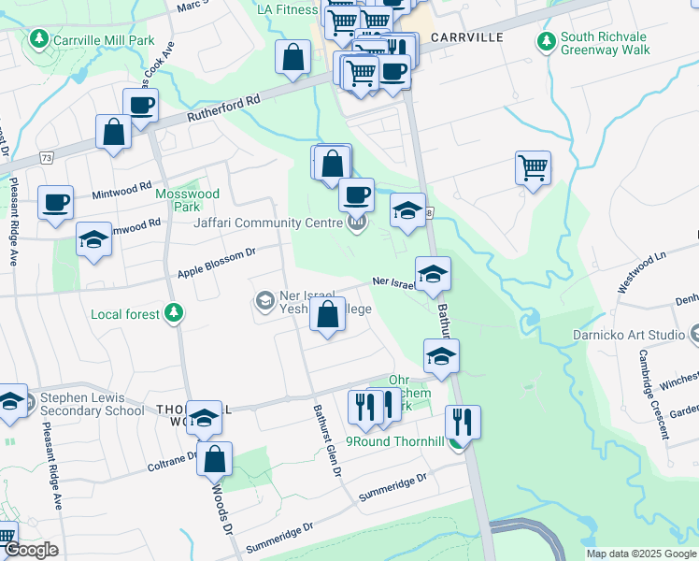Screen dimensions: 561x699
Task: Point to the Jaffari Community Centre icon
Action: pos(357,223)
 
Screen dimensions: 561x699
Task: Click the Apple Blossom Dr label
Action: pos(217,264)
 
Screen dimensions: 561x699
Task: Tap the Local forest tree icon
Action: pos(172,313)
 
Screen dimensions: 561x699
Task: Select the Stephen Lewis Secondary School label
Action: pos(92,404)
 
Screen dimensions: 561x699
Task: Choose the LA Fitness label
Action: pos(288,10)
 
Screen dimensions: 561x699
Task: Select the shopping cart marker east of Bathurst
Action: pos(533,168)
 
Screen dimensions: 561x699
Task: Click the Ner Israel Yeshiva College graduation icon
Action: pos(264,301)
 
